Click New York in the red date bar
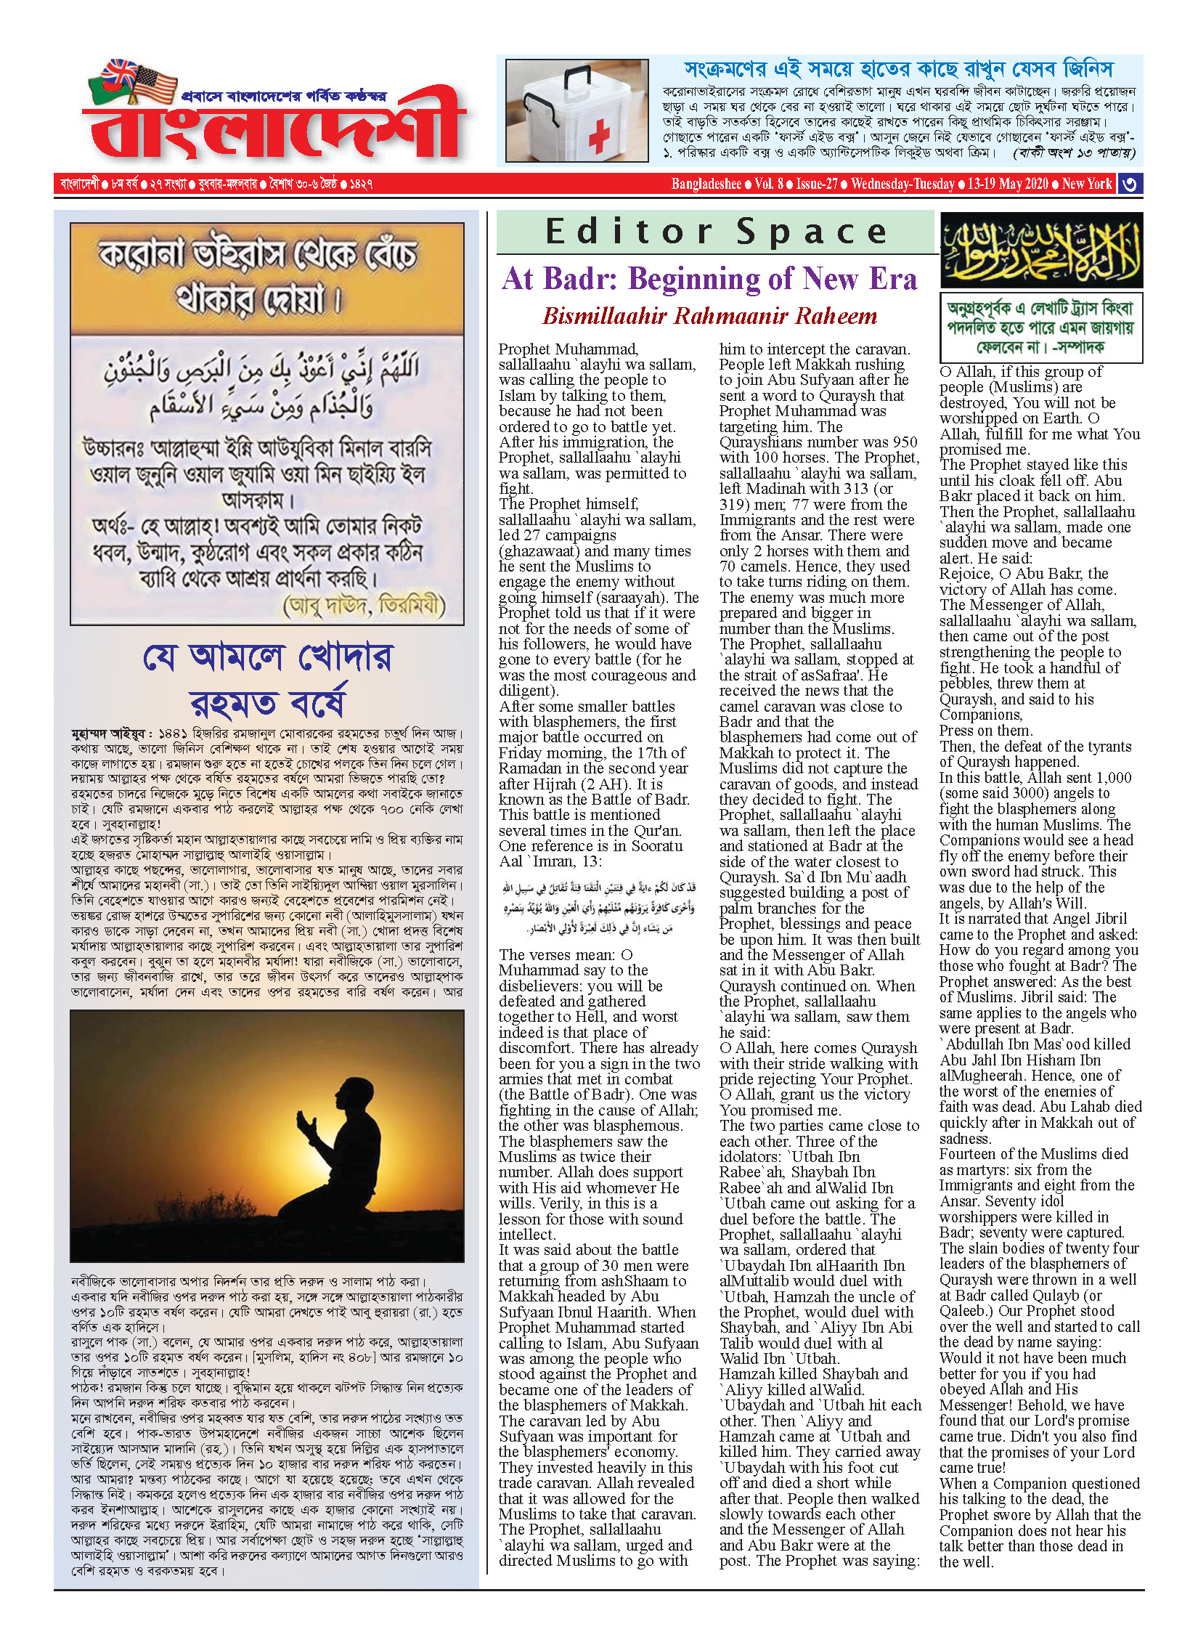pyautogui.click(x=1087, y=184)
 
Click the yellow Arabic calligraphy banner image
pyautogui.click(x=1041, y=251)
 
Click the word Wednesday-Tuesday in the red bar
pyautogui.click(x=902, y=184)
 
